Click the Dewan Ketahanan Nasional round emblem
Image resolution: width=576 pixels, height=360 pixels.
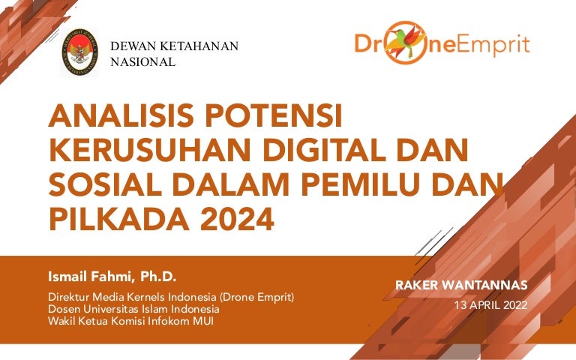pyautogui.click(x=80, y=52)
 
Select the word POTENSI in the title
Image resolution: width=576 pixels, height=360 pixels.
pyautogui.click(x=274, y=115)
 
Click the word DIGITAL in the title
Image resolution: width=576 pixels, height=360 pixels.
pyautogui.click(x=324, y=150)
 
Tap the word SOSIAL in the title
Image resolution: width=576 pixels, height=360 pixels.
pyautogui.click(x=105, y=184)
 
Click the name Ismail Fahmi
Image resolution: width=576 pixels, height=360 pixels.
pyautogui.click(x=90, y=276)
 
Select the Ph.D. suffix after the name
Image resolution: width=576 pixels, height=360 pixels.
pyautogui.click(x=158, y=276)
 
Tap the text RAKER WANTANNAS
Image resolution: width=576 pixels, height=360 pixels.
pyautogui.click(x=461, y=285)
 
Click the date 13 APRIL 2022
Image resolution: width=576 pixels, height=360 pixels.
pyautogui.click(x=490, y=305)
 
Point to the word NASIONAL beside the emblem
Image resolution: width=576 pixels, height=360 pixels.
pyautogui.click(x=143, y=62)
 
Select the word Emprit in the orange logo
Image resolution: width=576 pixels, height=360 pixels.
pyautogui.click(x=494, y=45)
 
